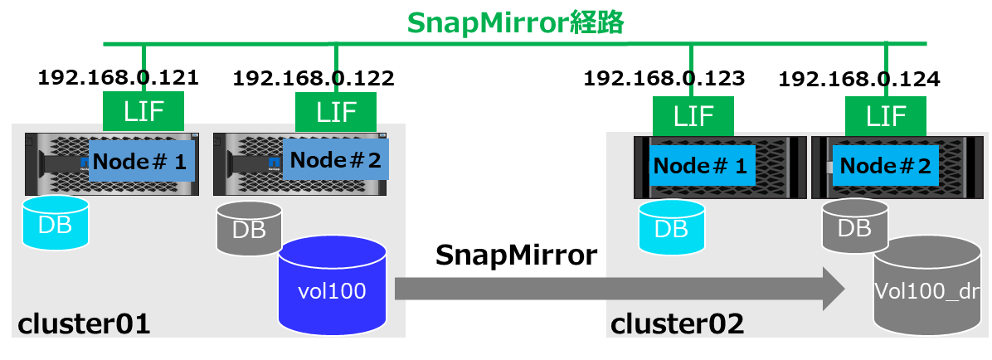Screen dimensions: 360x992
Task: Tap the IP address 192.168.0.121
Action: pyautogui.click(x=119, y=78)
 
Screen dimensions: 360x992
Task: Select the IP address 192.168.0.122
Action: pyautogui.click(x=314, y=79)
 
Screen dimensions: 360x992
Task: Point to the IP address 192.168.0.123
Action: pyautogui.click(x=664, y=79)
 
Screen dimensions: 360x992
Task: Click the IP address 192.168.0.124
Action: pyautogui.click(x=859, y=80)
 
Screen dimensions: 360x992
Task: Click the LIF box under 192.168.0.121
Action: pyautogui.click(x=144, y=110)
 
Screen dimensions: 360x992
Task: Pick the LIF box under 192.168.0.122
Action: pyautogui.click(x=335, y=110)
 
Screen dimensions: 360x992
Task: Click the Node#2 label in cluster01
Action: pyautogui.click(x=335, y=159)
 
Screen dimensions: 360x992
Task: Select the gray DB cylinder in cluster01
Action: pyautogui.click(x=249, y=227)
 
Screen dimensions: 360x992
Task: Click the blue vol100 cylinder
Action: pyautogui.click(x=332, y=286)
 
